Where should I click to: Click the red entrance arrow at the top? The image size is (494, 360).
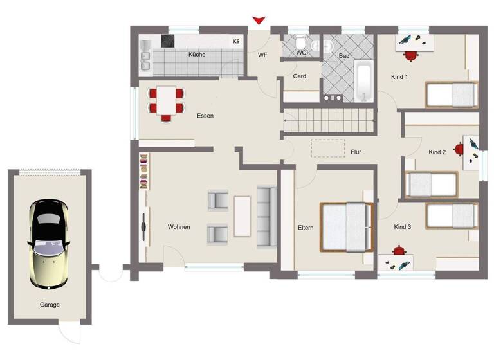click(259, 21)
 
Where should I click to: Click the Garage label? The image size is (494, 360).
click(49, 305)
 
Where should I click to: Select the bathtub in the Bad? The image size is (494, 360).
click(363, 82)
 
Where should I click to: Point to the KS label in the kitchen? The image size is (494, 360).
click(237, 42)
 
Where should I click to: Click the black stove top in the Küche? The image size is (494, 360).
click(168, 41)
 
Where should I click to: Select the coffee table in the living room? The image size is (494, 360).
click(242, 216)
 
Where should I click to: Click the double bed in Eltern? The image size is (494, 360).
click(347, 227)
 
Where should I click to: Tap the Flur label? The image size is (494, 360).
click(356, 152)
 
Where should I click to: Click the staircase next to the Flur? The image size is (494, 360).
click(328, 120)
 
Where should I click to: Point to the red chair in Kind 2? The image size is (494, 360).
click(459, 150)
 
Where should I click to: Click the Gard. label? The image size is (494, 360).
click(300, 76)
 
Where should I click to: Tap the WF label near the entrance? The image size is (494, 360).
click(262, 55)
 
